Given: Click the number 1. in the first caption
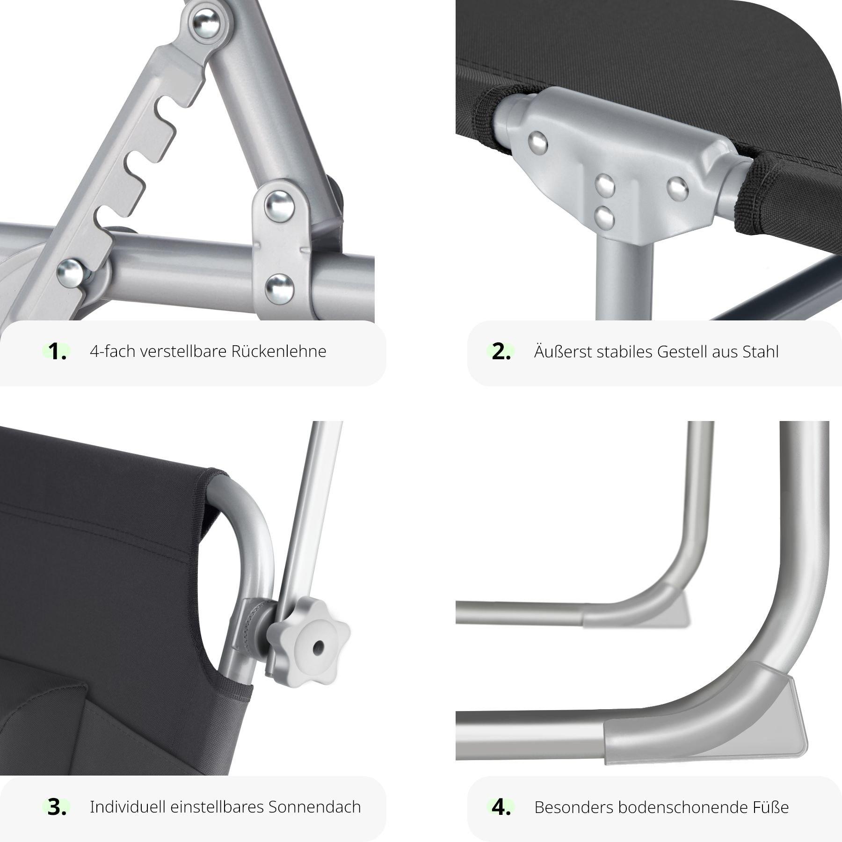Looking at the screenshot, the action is click(57, 352).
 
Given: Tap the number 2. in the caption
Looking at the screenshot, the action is click(501, 352).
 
